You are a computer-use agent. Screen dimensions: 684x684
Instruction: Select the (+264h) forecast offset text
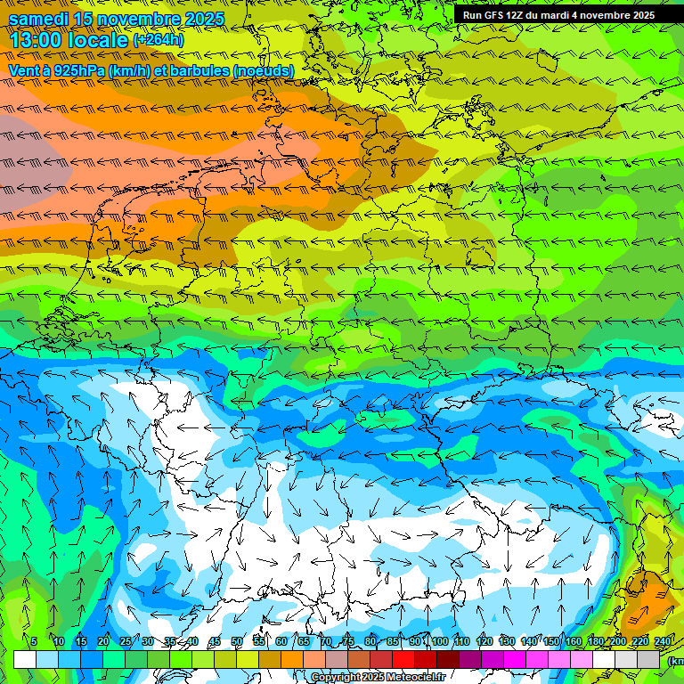coord(159,40)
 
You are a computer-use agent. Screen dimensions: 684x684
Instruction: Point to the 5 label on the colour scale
coord(34,641)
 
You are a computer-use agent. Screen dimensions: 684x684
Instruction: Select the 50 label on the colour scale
coord(237,641)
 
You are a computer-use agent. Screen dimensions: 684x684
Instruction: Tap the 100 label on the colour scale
coord(440,641)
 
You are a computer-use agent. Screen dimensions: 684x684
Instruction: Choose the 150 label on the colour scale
coord(551,641)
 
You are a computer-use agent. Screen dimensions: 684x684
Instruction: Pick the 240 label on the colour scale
coord(663,641)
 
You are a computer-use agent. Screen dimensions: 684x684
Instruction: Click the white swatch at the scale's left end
coord(25,659)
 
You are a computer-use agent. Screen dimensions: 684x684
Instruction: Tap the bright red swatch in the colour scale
coord(403,659)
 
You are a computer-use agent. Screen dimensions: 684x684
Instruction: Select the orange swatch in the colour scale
coord(270,659)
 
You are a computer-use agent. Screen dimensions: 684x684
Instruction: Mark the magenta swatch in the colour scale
coord(515,659)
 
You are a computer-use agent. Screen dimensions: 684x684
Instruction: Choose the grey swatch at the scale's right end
coord(648,659)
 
